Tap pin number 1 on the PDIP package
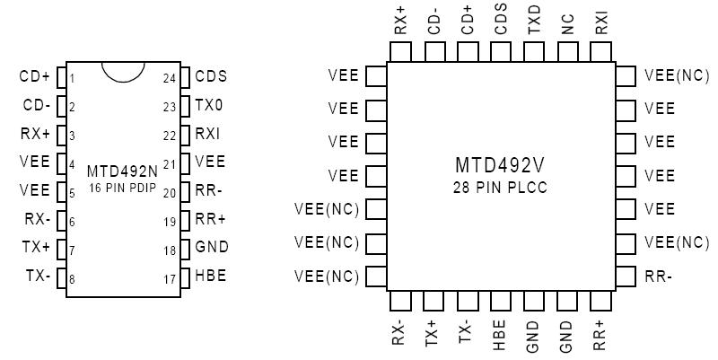click(x=72, y=77)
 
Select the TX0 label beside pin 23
click(x=209, y=106)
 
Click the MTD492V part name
click(x=499, y=167)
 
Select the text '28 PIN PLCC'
click(x=499, y=188)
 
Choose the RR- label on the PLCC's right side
click(x=658, y=277)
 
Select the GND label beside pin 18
click(x=212, y=247)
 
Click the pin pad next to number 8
click(x=61, y=277)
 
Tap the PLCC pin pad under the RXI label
click(x=601, y=52)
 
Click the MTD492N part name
click(x=121, y=171)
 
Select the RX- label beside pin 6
click(x=38, y=219)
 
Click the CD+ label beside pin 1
click(x=35, y=77)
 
